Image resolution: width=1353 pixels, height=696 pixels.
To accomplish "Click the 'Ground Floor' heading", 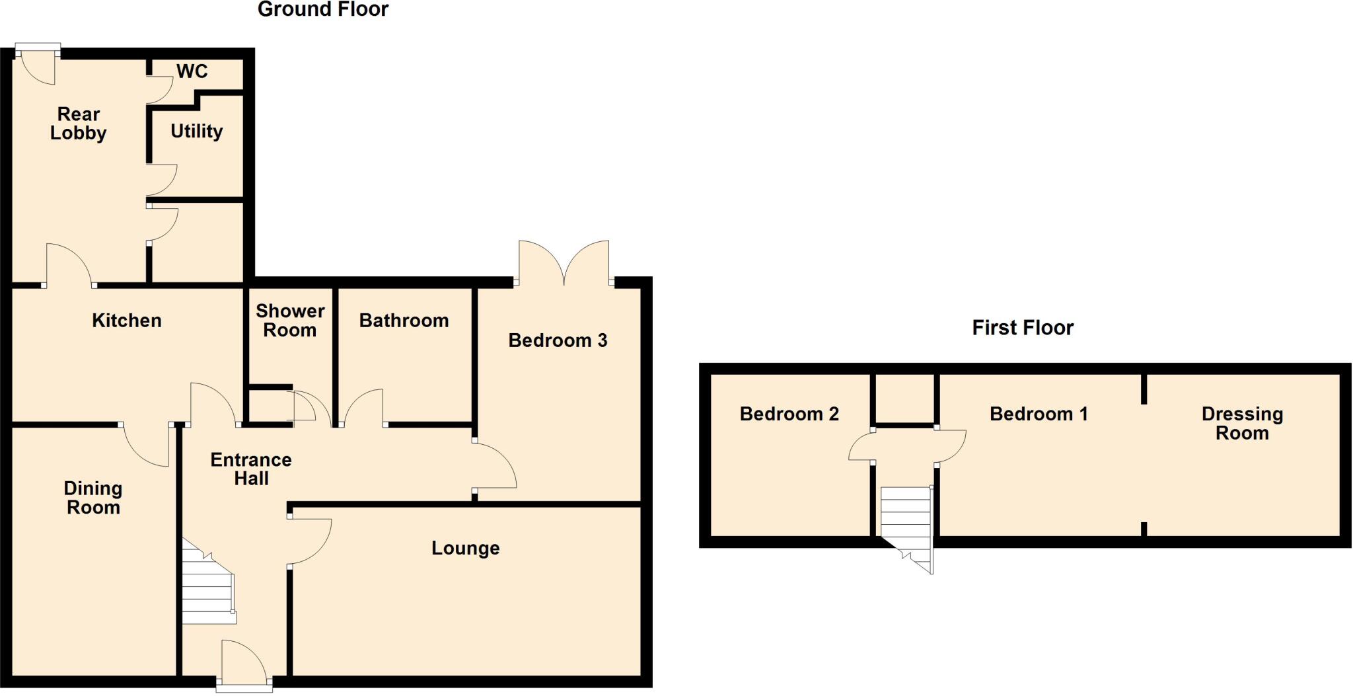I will [322, 9].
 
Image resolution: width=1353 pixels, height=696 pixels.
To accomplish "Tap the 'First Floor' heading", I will [1022, 328].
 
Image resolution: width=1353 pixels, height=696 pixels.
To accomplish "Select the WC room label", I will [192, 71].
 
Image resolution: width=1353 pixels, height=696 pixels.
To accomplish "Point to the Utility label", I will [196, 131].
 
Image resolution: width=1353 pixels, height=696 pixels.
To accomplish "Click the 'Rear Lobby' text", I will [78, 124].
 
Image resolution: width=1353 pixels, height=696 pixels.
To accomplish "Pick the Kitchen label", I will [126, 321].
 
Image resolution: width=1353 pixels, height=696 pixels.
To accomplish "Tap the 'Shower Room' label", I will [290, 321].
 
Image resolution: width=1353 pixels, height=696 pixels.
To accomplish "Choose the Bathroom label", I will [404, 321].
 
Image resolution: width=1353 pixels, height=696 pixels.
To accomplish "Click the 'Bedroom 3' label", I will [557, 340].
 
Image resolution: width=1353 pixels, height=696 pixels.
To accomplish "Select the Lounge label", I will [465, 548].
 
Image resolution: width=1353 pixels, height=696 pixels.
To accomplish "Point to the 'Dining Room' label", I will [93, 498].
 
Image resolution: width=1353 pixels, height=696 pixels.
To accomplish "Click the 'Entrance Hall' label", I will [251, 469].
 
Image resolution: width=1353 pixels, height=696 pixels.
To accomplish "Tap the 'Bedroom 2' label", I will [789, 414].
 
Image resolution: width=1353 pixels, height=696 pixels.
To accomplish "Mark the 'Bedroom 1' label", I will [1039, 414].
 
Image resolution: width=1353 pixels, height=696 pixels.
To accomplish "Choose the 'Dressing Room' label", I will [1242, 423].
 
